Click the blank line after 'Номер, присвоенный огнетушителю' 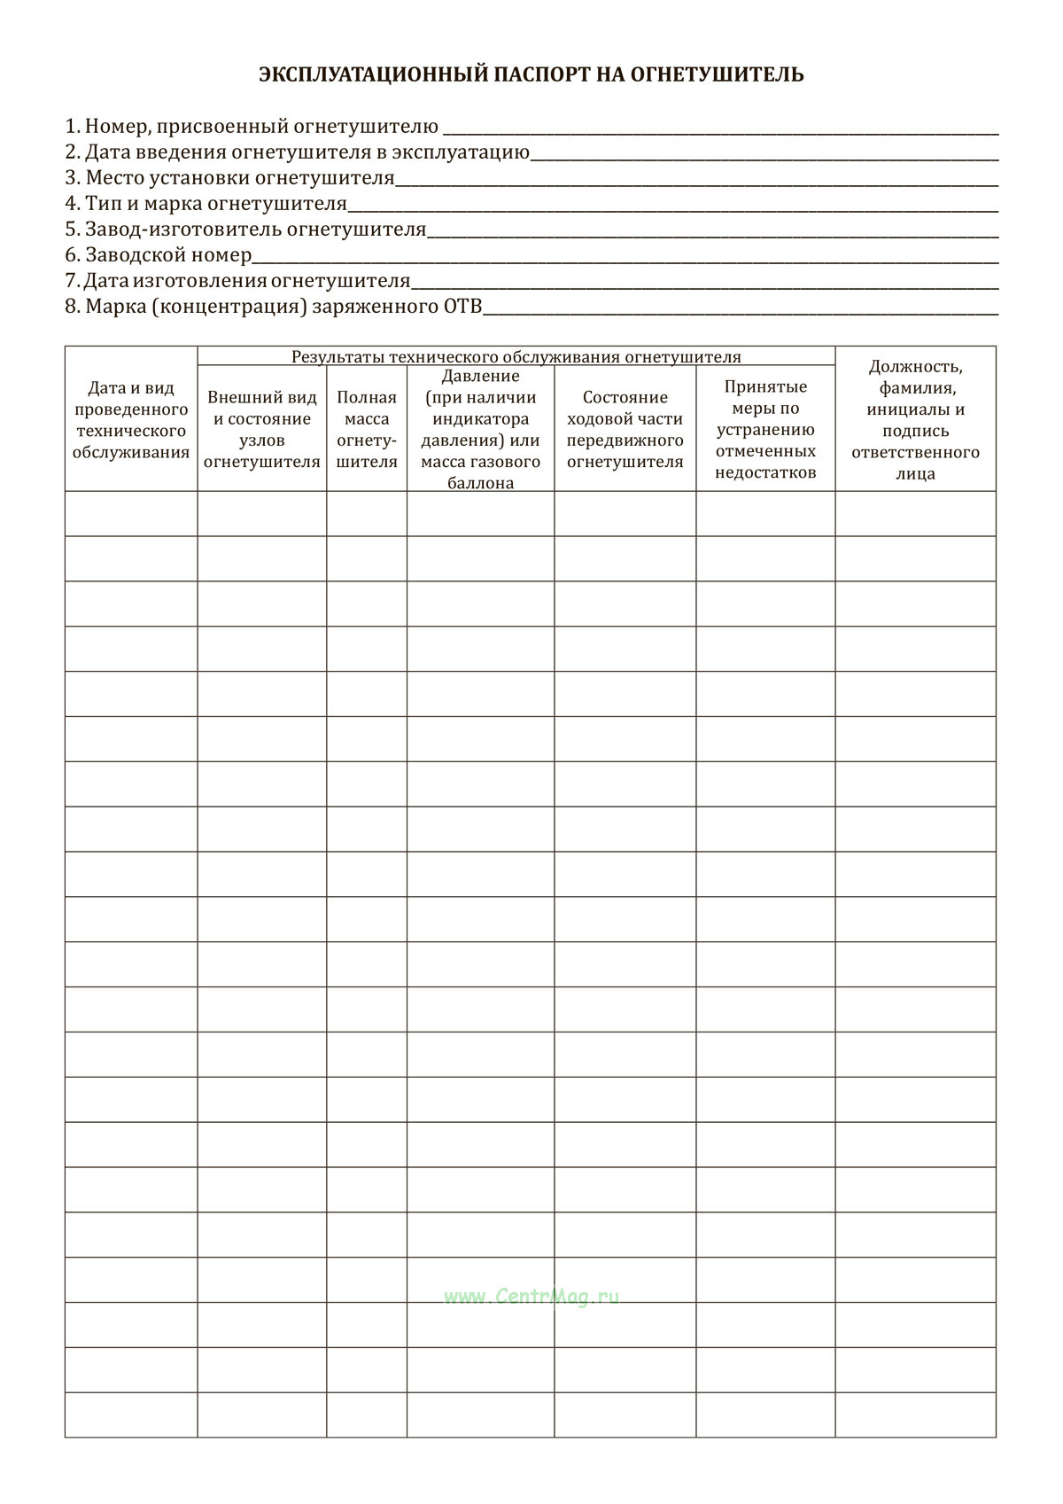pos(719,131)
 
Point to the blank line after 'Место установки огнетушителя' pos(696,183)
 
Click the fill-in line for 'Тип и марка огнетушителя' pos(673,208)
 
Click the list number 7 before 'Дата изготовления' pos(72,281)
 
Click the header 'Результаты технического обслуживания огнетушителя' pos(516,357)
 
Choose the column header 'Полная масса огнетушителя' pos(367,429)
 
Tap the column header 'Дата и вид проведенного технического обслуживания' pos(131,420)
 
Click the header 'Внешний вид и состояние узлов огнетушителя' pos(261,429)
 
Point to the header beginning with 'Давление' pos(480,429)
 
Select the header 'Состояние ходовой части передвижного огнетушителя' pos(625,429)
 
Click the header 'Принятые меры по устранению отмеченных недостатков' pos(765,429)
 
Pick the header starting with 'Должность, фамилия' pos(915,419)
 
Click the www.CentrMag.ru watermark pos(531,1297)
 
